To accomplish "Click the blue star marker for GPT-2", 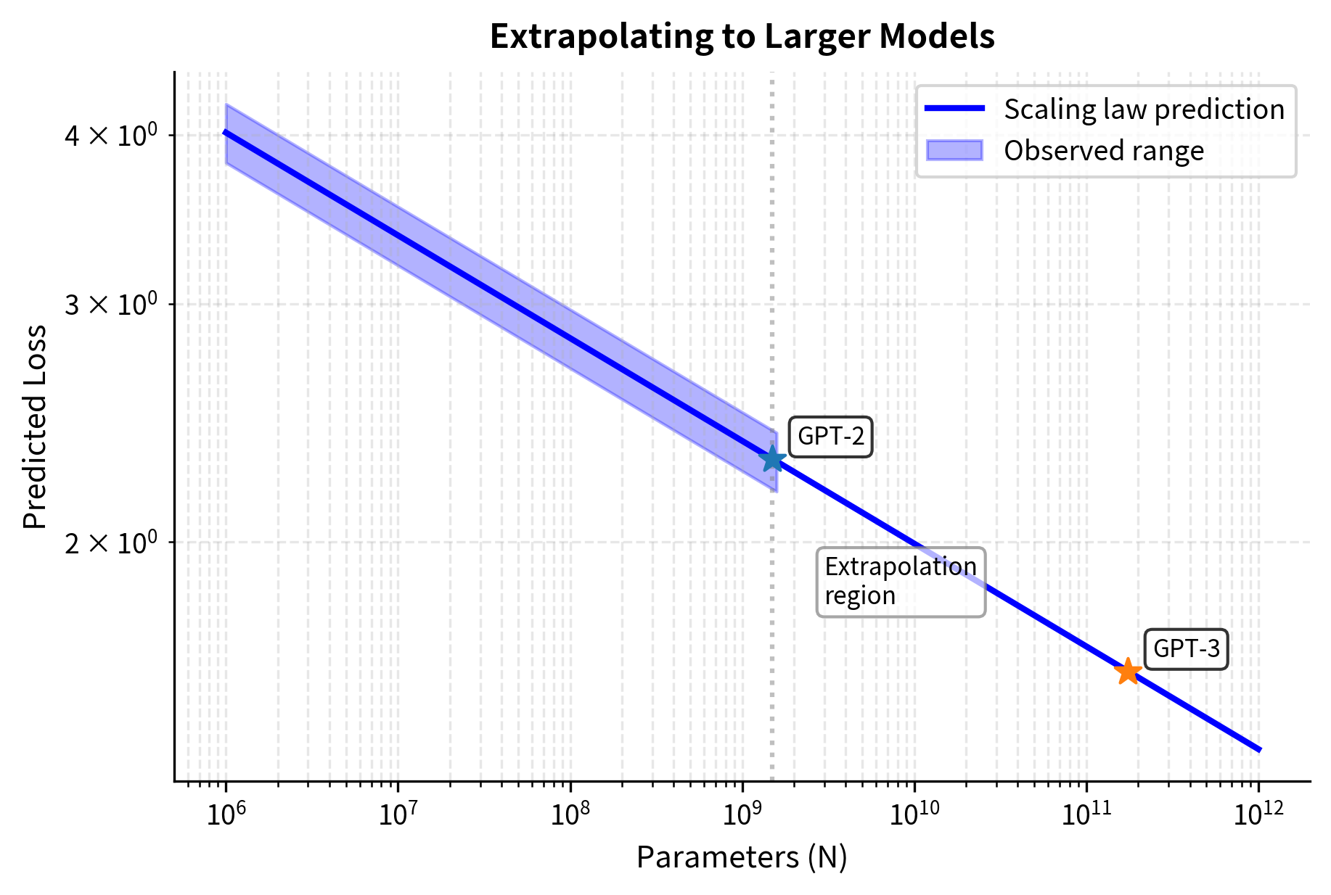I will [772, 458].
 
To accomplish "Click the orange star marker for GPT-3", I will [1128, 671].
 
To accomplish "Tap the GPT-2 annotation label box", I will [830, 437].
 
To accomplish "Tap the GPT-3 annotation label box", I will [1186, 648].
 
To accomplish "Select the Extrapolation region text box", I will [901, 582].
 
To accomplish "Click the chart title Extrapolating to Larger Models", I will [742, 36].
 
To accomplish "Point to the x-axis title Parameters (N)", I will [742, 857].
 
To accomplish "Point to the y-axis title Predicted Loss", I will [35, 426].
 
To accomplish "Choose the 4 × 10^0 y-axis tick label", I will [110, 135].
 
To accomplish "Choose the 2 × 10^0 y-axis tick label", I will [110, 543].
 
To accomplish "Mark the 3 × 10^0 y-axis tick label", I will [110, 305].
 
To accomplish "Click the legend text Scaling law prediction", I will [1144, 110].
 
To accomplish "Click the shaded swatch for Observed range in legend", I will [954, 151].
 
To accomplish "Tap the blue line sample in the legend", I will [954, 109].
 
